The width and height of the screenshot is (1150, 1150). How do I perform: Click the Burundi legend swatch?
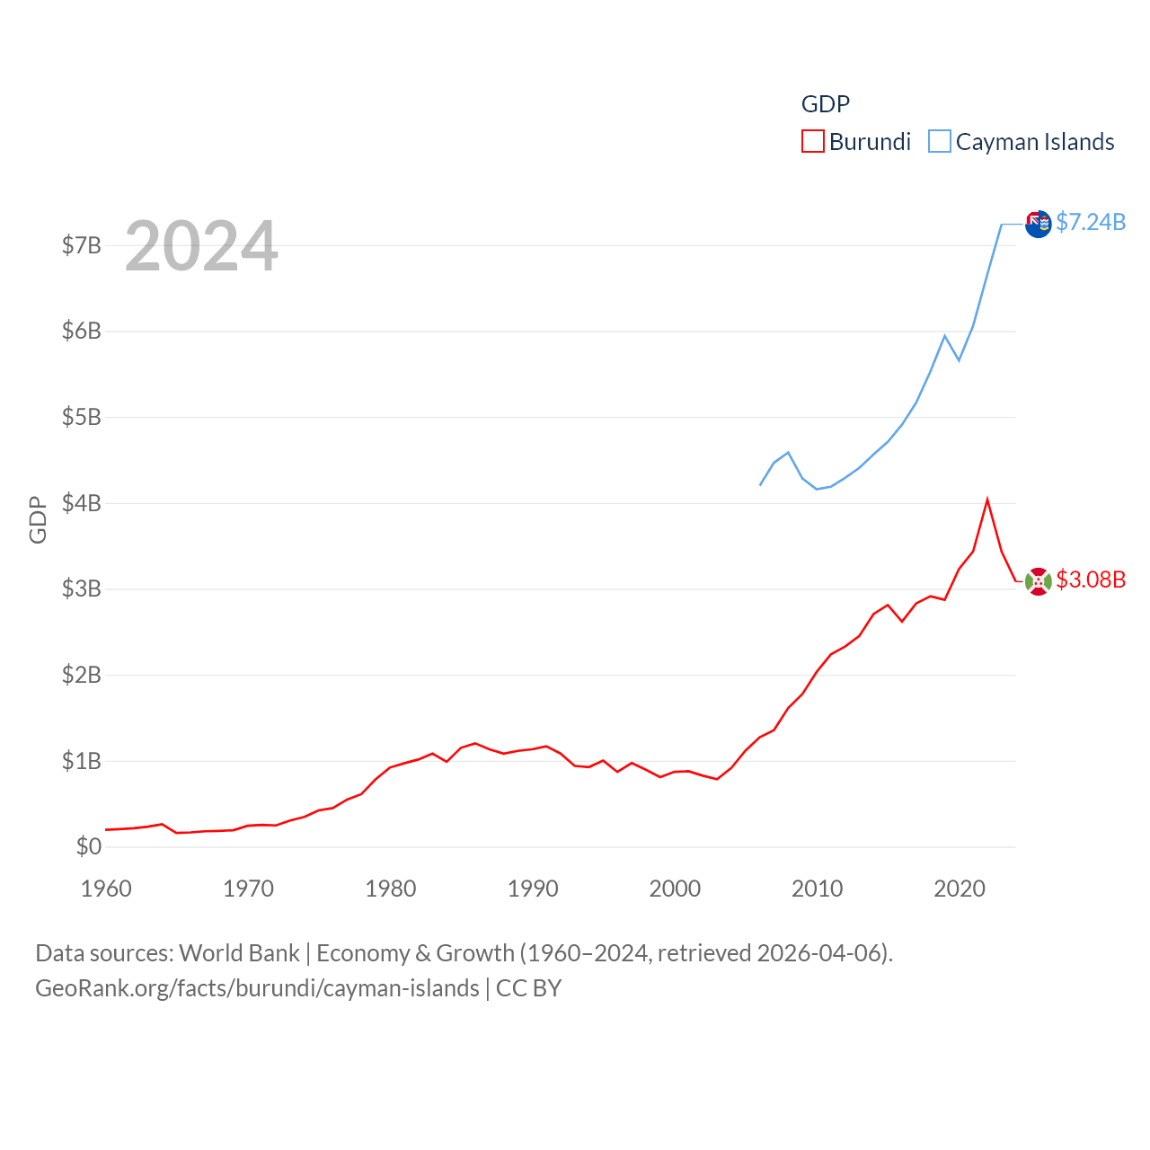[x=812, y=142]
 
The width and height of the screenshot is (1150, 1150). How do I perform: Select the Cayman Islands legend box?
[x=939, y=142]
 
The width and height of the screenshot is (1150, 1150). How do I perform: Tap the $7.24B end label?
[x=1090, y=222]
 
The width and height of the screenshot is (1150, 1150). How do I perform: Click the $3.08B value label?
[x=1090, y=579]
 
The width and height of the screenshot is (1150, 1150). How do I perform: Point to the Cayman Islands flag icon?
[x=1038, y=224]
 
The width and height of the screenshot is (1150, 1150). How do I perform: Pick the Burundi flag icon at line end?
[x=1038, y=581]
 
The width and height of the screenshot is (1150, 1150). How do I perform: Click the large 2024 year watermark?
[x=201, y=246]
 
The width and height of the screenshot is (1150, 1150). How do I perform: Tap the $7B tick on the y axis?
[x=81, y=245]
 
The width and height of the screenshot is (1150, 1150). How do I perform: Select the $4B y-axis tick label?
[x=81, y=503]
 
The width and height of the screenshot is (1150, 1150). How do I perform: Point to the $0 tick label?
[x=88, y=846]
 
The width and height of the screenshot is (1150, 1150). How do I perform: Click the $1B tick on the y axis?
[x=81, y=761]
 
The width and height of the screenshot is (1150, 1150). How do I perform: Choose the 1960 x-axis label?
[x=106, y=889]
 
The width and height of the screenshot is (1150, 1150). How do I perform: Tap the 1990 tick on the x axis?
[x=533, y=889]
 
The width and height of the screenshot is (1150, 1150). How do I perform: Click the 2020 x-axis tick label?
[x=960, y=889]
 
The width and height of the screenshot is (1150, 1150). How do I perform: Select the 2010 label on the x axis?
[x=817, y=889]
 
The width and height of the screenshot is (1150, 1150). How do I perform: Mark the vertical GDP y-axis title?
[x=38, y=519]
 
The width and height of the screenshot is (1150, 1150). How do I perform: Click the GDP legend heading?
[x=825, y=104]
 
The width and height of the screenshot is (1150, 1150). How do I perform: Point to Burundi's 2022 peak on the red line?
[x=987, y=500]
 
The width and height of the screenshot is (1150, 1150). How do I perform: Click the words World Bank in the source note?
[x=239, y=953]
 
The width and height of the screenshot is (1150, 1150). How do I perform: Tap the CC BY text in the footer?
[x=528, y=988]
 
